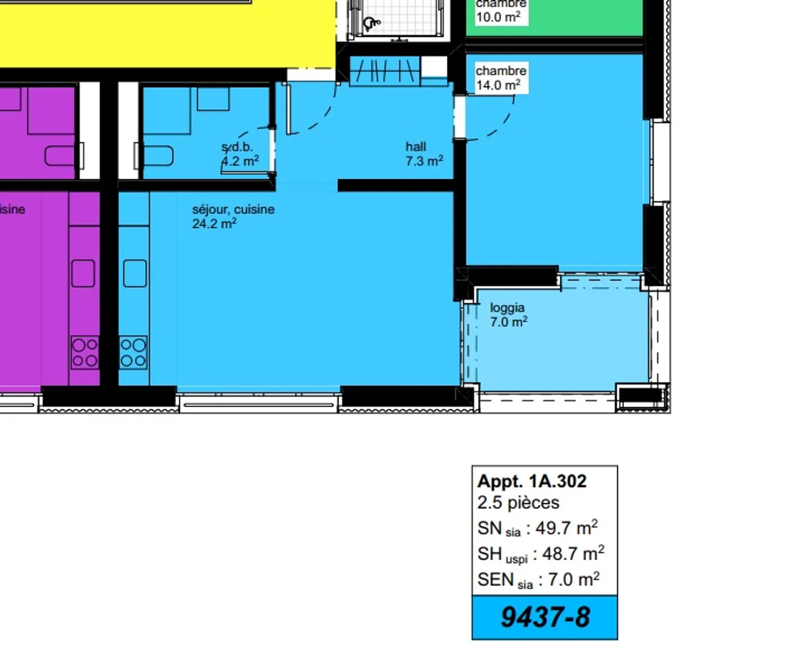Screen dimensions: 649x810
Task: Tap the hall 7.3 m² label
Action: point(424,154)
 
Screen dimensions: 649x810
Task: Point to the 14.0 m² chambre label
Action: point(501,78)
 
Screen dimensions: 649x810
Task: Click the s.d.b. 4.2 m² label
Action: point(239,154)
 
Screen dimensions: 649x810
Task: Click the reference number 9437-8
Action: point(544,617)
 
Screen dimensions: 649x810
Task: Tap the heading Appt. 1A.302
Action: point(532,481)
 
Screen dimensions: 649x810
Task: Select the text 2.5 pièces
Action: point(518,502)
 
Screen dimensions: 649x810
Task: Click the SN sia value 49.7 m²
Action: point(566,528)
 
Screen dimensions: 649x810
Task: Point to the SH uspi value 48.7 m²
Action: point(573,553)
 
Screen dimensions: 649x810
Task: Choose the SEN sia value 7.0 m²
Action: point(573,579)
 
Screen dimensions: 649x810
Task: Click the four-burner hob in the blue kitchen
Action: point(133,353)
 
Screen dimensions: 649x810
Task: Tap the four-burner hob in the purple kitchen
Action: point(85,353)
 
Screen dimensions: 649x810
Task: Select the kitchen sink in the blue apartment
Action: point(134,273)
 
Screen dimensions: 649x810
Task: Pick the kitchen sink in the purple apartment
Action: point(83,273)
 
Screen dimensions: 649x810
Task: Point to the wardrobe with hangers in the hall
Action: point(385,71)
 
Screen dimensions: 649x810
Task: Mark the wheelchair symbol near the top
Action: point(371,23)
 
